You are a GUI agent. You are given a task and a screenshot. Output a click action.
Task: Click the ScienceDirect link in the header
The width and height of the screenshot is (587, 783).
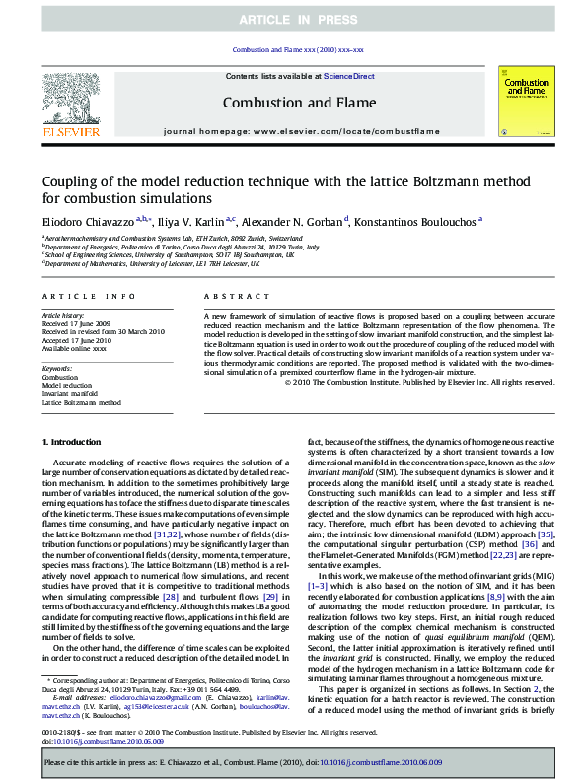point(349,75)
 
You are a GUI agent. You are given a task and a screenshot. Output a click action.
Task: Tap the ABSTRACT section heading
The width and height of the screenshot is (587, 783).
point(229,296)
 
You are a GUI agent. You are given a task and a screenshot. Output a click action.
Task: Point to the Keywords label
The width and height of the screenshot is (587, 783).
point(56,370)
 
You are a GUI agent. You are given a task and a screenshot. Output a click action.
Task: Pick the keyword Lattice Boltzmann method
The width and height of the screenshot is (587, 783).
point(82,403)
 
